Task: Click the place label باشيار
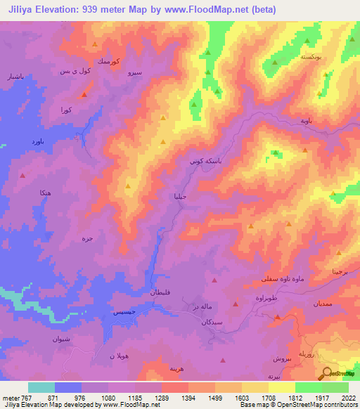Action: [x=15, y=74]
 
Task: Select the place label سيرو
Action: [x=136, y=72]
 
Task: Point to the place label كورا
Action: [x=67, y=110]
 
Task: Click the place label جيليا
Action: [x=181, y=197]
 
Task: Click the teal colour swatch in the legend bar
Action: [x=41, y=387]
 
